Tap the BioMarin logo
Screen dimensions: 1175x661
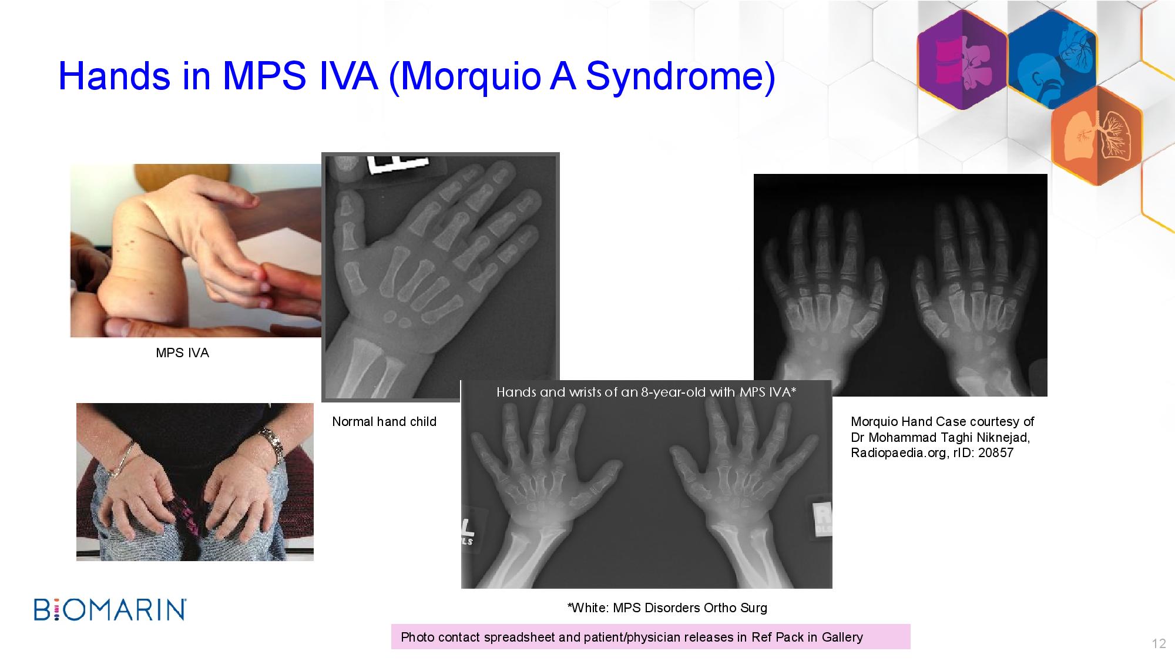click(x=110, y=609)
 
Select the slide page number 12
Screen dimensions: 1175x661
click(x=1159, y=643)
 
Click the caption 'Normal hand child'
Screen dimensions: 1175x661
click(x=384, y=421)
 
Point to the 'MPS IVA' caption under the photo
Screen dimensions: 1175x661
click(x=182, y=353)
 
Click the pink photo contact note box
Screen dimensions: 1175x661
click(x=650, y=636)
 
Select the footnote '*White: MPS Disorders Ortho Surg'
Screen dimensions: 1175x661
click(x=667, y=608)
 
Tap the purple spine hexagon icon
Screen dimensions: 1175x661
click(x=962, y=60)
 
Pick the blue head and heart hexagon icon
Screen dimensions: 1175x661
click(x=1052, y=60)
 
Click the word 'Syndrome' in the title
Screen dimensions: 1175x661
click(x=680, y=76)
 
